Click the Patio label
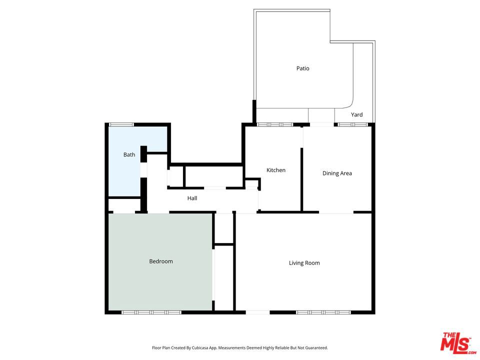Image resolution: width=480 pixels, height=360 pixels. pyautogui.click(x=303, y=68)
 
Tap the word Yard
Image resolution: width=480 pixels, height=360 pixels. pyautogui.click(x=356, y=114)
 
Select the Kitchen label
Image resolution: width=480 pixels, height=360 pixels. pyautogui.click(x=276, y=170)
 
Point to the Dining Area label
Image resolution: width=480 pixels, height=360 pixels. pyautogui.click(x=337, y=173)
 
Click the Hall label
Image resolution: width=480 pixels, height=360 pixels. pyautogui.click(x=192, y=198)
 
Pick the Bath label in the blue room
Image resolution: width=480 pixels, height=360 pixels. pyautogui.click(x=129, y=154)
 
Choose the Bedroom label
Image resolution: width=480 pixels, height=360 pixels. pyautogui.click(x=161, y=261)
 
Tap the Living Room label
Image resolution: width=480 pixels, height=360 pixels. pyautogui.click(x=304, y=263)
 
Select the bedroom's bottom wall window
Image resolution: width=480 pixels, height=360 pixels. pyautogui.click(x=151, y=312)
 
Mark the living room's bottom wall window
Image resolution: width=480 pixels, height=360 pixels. pyautogui.click(x=323, y=312)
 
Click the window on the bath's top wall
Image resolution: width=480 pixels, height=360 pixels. pyautogui.click(x=121, y=124)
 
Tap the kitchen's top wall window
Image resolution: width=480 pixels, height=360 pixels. pyautogui.click(x=275, y=124)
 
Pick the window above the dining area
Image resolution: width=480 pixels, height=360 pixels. pyautogui.click(x=352, y=124)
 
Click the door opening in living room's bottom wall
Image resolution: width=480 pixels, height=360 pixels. pyautogui.click(x=258, y=312)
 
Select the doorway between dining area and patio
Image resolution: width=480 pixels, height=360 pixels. pyautogui.click(x=321, y=124)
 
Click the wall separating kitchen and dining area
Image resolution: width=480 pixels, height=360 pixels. pyautogui.click(x=301, y=179)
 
